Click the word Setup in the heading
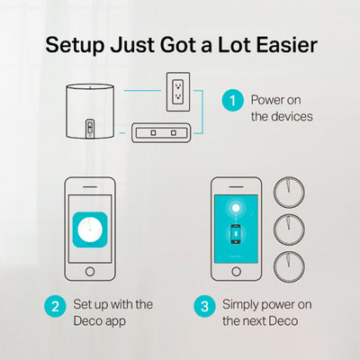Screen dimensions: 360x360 click(x=75, y=45)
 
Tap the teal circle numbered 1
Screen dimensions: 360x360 click(x=233, y=101)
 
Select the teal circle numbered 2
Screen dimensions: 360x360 click(x=55, y=306)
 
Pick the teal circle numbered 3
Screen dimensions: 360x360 click(x=204, y=306)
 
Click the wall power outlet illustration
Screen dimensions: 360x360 click(x=178, y=92)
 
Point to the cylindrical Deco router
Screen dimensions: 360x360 click(x=90, y=112)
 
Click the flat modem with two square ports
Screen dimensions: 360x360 click(x=161, y=132)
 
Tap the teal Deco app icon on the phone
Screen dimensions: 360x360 click(x=90, y=229)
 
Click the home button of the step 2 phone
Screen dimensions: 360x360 click(x=90, y=272)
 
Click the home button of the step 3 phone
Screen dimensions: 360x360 click(x=237, y=272)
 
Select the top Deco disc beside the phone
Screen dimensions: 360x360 click(x=289, y=193)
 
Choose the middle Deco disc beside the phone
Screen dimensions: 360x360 click(x=289, y=229)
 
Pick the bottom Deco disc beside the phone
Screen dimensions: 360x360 click(x=289, y=266)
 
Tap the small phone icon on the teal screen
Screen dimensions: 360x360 click(x=236, y=233)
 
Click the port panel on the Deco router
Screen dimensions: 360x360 click(x=90, y=129)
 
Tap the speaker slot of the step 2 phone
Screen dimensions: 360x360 click(x=90, y=187)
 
